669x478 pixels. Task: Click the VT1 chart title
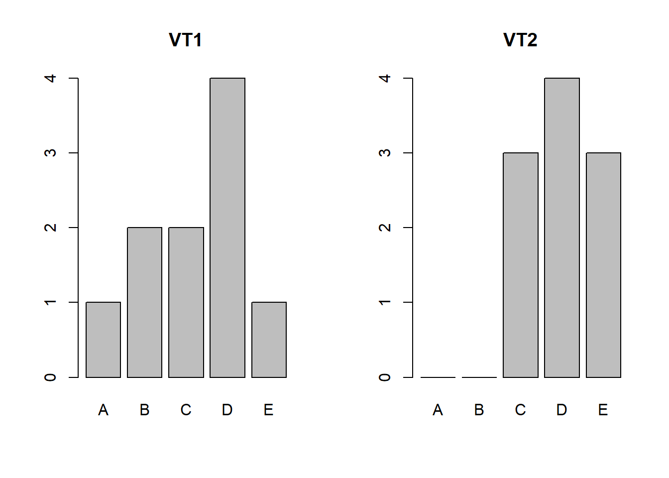(x=185, y=40)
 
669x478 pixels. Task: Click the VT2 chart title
(x=520, y=40)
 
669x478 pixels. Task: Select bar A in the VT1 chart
(x=103, y=340)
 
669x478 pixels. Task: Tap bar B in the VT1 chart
(x=144, y=302)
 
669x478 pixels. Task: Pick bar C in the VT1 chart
(x=186, y=302)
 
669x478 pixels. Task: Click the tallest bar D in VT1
(x=227, y=228)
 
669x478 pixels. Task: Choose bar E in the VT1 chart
(x=269, y=340)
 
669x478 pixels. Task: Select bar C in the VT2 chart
(x=521, y=265)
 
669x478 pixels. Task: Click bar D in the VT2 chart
(x=562, y=228)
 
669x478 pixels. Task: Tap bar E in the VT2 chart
(x=603, y=265)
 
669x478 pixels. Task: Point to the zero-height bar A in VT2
(x=438, y=377)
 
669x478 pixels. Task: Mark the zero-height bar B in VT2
(x=479, y=377)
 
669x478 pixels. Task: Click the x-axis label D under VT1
(x=227, y=410)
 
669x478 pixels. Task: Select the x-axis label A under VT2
(x=438, y=410)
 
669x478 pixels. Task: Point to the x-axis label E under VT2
(x=603, y=410)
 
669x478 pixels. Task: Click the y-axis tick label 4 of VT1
(x=50, y=78)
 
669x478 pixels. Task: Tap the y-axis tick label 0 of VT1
(x=50, y=377)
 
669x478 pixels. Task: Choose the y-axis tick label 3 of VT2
(x=385, y=153)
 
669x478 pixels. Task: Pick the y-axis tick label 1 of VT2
(x=385, y=302)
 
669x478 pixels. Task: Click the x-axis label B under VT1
(x=144, y=410)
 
